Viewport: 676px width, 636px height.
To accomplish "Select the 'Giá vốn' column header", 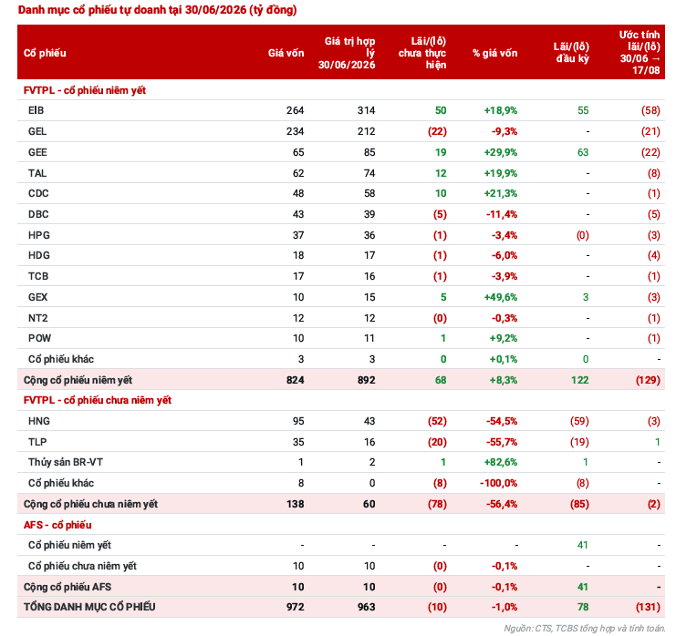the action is [286, 53].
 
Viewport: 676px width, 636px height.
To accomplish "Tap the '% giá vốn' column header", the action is [494, 53].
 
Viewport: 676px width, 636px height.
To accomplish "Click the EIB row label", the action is [36, 110].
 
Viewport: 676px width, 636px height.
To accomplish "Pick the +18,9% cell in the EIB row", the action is [501, 110].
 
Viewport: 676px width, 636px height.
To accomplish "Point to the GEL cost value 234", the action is [295, 131].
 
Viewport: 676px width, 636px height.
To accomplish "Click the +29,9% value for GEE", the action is [501, 152].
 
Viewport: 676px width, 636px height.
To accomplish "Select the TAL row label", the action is [37, 173].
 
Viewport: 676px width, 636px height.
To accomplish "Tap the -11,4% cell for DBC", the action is [502, 214].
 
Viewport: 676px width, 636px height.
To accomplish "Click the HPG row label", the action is [39, 235].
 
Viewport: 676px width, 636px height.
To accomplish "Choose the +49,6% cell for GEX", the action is [501, 297].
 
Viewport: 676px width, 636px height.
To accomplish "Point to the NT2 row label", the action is [38, 318].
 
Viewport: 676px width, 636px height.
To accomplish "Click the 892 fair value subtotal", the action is [366, 380].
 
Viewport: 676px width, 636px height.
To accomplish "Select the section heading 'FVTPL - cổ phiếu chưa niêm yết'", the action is [98, 400].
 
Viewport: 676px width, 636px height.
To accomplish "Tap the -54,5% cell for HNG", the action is [502, 421].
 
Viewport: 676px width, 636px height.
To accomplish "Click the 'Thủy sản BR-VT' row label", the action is [66, 463].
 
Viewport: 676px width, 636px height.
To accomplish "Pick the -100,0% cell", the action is [498, 483].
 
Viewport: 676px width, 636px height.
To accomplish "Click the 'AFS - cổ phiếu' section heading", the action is [57, 525].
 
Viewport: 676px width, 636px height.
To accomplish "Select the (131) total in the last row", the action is [648, 607].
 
